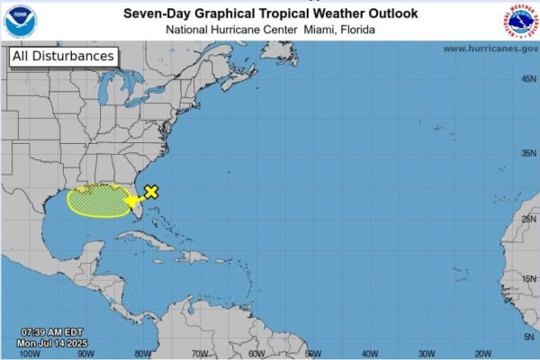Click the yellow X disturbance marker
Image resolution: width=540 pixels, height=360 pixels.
click(152, 191)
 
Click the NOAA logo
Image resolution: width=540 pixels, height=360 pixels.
click(17, 20)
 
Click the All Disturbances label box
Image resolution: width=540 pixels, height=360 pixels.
click(63, 56)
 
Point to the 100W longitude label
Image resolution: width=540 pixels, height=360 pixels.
click(29, 353)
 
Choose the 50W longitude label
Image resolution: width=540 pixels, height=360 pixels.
click(311, 353)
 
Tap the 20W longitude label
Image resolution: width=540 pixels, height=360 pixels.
click(481, 353)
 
